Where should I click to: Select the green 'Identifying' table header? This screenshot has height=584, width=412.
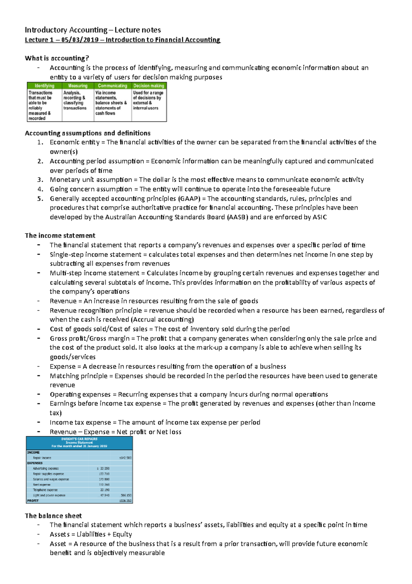point(45,86)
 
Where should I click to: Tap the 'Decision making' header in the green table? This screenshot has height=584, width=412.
point(149,86)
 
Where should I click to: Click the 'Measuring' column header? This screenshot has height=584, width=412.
point(78,86)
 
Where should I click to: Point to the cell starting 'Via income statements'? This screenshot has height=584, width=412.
point(111,103)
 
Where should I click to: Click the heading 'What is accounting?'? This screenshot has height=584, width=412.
point(57,58)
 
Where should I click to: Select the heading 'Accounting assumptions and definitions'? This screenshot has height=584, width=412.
point(88,133)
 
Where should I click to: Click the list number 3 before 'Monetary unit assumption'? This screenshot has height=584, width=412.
point(40,180)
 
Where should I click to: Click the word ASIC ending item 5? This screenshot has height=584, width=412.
point(320,217)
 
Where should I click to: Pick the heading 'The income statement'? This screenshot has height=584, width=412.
point(60,236)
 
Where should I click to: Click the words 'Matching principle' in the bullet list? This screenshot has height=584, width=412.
point(79,376)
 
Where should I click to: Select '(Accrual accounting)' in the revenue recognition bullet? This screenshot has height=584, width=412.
point(162,320)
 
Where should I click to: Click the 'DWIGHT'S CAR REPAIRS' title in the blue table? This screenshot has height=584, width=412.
point(79,439)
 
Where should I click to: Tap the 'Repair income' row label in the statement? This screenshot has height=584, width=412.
point(42,458)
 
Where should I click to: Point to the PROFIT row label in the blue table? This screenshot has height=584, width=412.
point(33,501)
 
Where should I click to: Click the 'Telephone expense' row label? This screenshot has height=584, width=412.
point(45,490)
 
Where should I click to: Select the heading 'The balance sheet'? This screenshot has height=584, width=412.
point(53,516)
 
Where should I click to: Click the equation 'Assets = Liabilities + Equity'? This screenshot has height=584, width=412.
point(91,534)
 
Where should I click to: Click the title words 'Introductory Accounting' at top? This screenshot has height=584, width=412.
point(66,30)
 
